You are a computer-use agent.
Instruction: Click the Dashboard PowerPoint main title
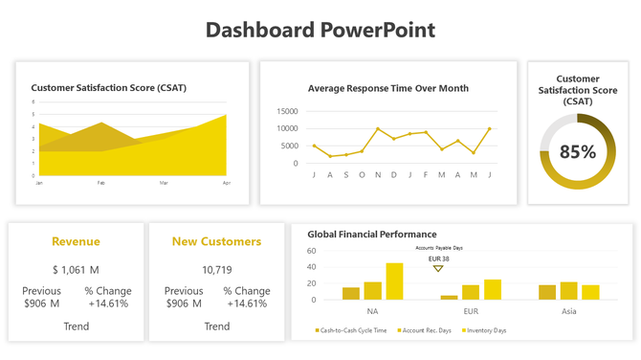(320, 30)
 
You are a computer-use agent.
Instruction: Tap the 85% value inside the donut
(578, 151)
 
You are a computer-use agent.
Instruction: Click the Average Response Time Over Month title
(388, 88)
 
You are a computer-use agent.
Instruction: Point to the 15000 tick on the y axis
(287, 112)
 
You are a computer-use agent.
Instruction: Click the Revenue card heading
(76, 241)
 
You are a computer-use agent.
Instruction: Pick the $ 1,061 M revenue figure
(76, 270)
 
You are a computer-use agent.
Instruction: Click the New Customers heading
(216, 241)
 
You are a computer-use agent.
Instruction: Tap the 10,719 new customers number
(216, 270)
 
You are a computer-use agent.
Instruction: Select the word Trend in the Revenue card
(76, 326)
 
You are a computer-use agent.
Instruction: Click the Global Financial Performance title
(372, 234)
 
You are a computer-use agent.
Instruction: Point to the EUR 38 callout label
(439, 259)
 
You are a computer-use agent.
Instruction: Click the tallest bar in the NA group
(394, 281)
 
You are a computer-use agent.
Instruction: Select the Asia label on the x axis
(568, 311)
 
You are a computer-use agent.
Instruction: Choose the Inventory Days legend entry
(485, 330)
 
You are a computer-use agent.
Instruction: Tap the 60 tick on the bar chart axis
(311, 251)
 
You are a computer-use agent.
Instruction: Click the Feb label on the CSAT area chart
(101, 182)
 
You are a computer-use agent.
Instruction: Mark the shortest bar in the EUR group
(449, 297)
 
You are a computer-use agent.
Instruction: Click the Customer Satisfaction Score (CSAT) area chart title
(109, 88)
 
